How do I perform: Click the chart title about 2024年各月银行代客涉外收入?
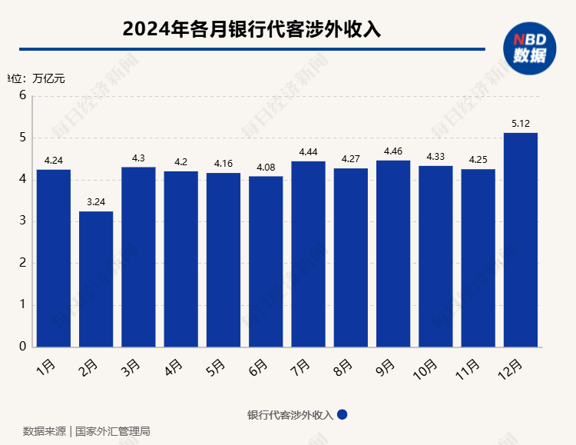tap(252, 29)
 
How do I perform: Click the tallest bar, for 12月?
tap(520, 239)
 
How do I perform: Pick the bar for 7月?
tap(308, 254)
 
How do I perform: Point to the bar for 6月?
tap(266, 261)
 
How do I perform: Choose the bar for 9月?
tap(393, 253)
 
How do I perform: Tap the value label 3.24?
tap(96, 201)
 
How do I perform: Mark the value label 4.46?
tap(393, 151)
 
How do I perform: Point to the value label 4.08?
tap(266, 167)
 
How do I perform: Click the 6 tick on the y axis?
tap(23, 96)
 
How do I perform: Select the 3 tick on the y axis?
tap(23, 221)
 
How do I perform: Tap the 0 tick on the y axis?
tap(23, 347)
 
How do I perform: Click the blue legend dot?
tap(343, 414)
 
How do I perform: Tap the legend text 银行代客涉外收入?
tap(290, 415)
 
